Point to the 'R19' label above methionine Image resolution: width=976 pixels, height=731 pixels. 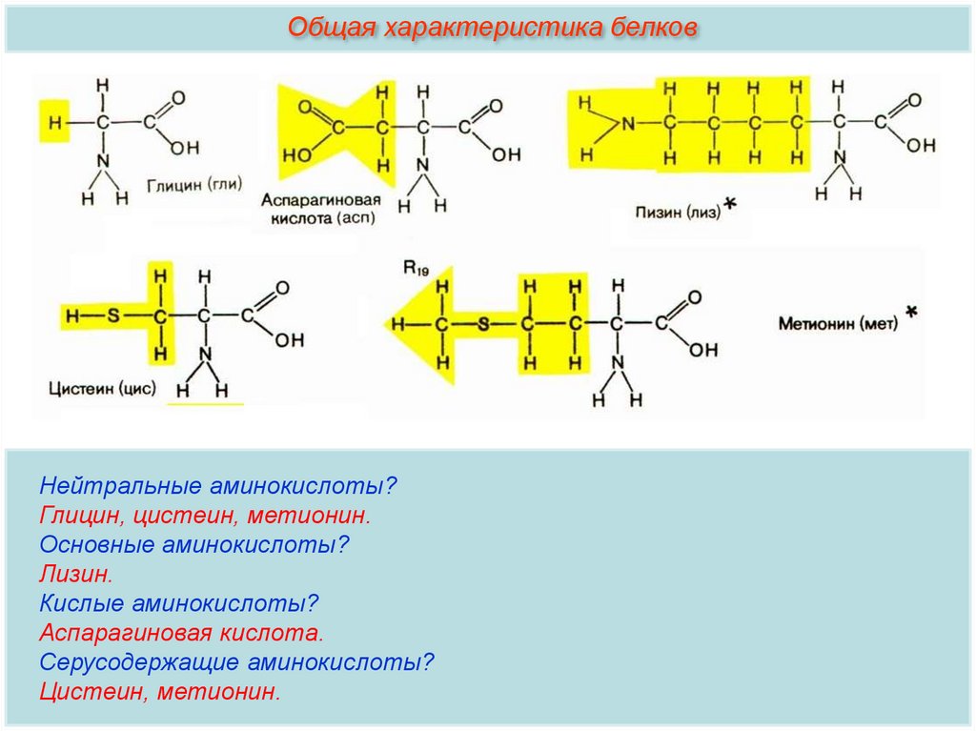pyautogui.click(x=416, y=270)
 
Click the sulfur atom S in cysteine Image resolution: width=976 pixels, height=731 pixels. pyautogui.click(x=113, y=315)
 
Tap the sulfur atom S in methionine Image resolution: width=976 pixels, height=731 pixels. pyautogui.click(x=483, y=324)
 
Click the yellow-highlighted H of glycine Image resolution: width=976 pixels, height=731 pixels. pyautogui.click(x=54, y=123)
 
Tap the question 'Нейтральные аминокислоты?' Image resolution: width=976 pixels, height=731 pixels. pyautogui.click(x=217, y=485)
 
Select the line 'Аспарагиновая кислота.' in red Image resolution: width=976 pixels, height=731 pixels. pyautogui.click(x=182, y=632)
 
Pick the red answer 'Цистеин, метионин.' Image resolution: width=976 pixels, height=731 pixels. pyautogui.click(x=160, y=691)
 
